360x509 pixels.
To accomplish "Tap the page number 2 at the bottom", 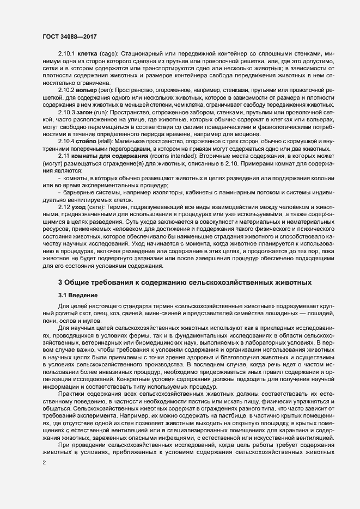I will coord(45,463).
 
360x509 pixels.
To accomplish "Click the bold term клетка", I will coord(88,54).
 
